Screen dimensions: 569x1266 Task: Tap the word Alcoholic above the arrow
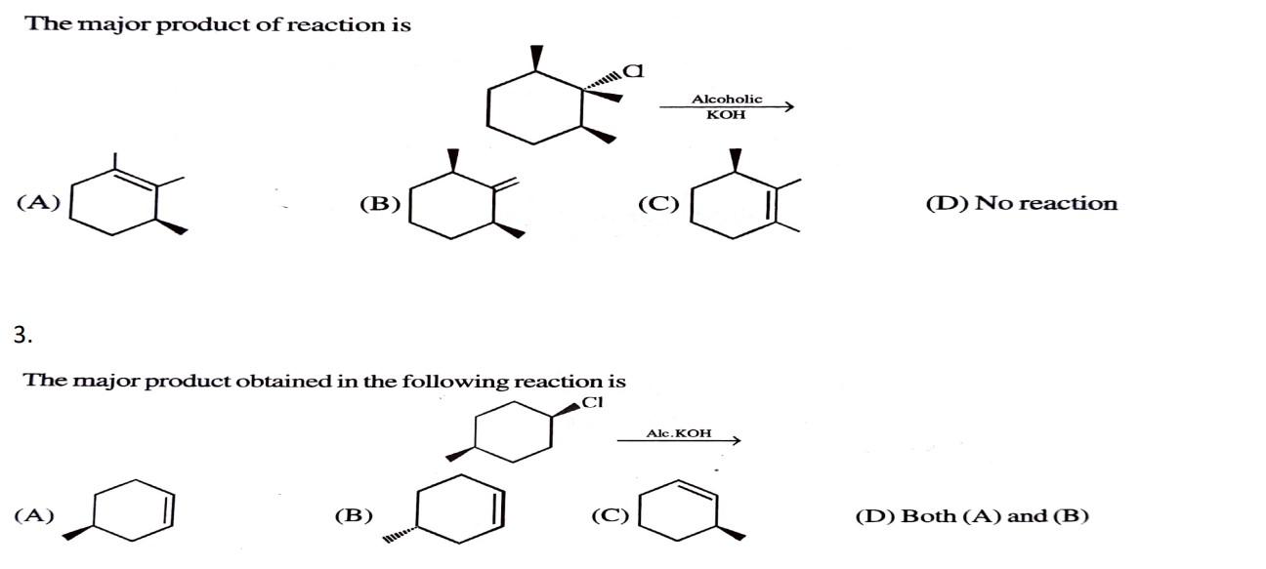(727, 99)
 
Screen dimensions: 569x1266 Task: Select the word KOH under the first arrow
(726, 115)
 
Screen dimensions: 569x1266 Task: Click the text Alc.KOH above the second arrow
(679, 432)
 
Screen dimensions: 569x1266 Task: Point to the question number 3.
(22, 336)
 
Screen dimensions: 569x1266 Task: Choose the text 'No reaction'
(1046, 204)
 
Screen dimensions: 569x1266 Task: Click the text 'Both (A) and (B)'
(994, 516)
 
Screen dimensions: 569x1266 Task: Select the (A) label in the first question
(38, 203)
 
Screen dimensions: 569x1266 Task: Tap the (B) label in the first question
(380, 204)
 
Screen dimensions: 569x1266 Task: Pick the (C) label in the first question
(658, 204)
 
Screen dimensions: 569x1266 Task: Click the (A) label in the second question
(34, 516)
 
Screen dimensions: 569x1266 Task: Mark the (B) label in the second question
(354, 516)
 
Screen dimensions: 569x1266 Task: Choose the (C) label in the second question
(611, 516)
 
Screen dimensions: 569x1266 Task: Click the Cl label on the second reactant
(592, 401)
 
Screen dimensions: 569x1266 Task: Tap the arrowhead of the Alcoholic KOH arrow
(786, 106)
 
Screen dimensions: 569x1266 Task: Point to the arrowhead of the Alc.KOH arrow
(735, 441)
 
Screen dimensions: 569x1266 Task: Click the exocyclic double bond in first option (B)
(505, 185)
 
